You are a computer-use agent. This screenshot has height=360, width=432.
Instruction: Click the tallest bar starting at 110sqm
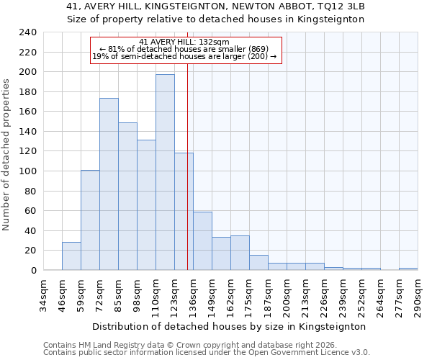click(x=165, y=173)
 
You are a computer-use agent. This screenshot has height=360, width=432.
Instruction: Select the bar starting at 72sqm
click(x=109, y=184)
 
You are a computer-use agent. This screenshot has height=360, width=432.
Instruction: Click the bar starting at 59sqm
click(x=90, y=220)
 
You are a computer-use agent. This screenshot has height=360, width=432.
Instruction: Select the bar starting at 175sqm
click(x=258, y=263)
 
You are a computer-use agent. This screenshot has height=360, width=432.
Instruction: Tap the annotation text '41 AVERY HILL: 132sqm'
click(x=184, y=42)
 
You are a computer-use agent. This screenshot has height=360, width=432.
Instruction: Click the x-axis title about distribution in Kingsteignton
click(x=230, y=326)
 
